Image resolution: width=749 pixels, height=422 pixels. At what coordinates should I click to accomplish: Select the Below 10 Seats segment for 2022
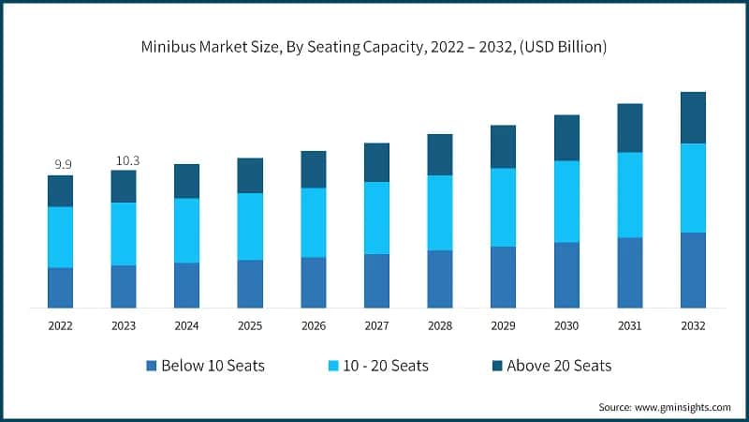(x=61, y=288)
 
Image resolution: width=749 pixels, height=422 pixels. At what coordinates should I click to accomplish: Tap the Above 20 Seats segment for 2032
(x=693, y=117)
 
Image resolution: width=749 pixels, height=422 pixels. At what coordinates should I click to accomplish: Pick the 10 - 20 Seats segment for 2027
(x=376, y=218)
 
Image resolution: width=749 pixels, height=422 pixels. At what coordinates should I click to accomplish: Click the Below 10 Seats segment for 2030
(x=566, y=275)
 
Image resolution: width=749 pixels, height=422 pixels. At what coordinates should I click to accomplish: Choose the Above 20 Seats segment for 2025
(x=250, y=175)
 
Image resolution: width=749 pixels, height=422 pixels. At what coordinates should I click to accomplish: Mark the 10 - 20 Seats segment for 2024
(x=187, y=230)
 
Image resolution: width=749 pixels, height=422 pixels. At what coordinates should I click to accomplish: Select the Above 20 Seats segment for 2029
(x=503, y=146)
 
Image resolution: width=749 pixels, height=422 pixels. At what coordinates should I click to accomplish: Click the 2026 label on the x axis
(x=313, y=325)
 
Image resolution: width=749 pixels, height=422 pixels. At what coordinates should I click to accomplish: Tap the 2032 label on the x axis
(x=693, y=325)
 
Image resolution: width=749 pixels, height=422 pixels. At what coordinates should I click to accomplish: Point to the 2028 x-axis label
(x=440, y=325)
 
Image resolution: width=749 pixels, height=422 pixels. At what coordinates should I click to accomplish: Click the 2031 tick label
(x=629, y=325)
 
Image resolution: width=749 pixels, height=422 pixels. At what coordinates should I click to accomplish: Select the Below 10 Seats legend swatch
(x=152, y=365)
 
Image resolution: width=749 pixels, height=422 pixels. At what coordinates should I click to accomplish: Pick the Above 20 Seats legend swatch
(x=495, y=365)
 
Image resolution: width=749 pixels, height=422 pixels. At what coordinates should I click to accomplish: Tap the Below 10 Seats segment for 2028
(x=440, y=279)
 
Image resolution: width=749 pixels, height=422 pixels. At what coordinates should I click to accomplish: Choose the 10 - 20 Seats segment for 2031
(x=629, y=195)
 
